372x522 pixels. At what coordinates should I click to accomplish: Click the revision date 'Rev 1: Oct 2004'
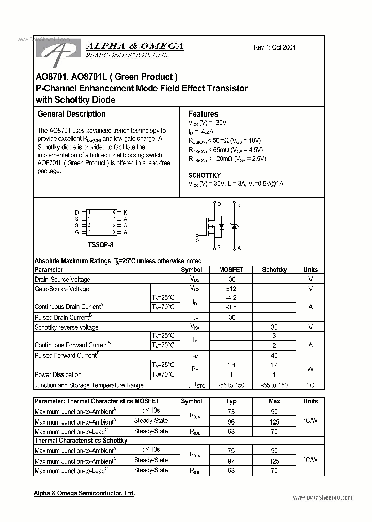coord(274,47)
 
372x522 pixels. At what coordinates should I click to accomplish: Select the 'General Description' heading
coord(71,114)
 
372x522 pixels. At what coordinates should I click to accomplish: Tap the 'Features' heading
coord(203,114)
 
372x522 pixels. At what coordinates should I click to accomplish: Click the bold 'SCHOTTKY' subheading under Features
coord(204,175)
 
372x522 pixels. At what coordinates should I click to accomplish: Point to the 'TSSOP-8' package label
coord(100,243)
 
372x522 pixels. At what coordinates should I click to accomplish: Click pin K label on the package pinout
coord(125,213)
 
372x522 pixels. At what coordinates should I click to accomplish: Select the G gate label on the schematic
coord(197,240)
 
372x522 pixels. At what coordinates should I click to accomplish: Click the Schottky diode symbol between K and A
coord(233,226)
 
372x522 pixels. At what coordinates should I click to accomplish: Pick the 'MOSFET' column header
coord(231,270)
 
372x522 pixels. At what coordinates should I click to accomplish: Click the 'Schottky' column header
coord(274,270)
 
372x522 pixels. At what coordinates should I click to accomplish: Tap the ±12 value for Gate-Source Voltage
coord(231,289)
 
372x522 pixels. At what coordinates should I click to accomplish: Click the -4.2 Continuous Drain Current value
coord(231,298)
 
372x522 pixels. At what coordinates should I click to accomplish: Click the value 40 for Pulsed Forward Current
coord(274,355)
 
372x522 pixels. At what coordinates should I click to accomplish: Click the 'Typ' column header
coord(231,401)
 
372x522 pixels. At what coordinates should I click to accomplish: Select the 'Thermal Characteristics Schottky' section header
coord(80,441)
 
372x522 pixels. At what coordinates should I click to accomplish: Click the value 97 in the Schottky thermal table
coord(231,461)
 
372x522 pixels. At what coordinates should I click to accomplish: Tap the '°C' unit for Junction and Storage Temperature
coord(311,385)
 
